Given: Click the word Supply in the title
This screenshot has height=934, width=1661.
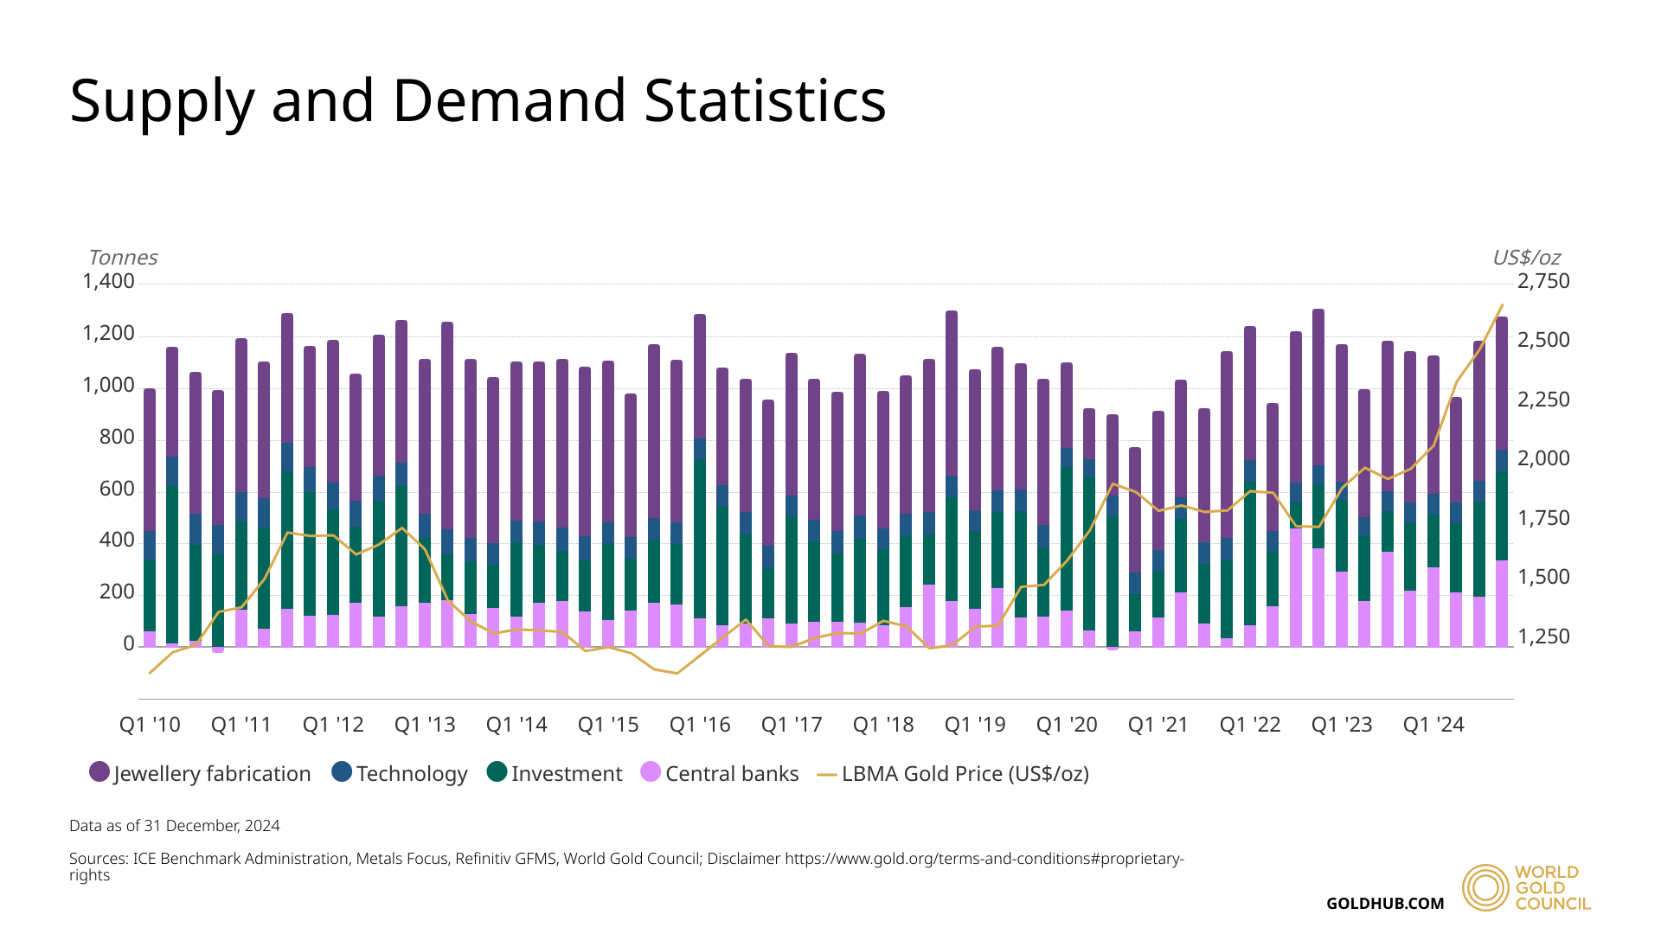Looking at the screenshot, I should [x=162, y=102].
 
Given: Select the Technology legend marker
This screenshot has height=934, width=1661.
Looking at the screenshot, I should [x=342, y=771].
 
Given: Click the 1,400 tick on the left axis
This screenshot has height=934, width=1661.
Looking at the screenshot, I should [x=108, y=281].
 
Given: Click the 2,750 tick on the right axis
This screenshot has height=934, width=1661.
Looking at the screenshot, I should [x=1543, y=281].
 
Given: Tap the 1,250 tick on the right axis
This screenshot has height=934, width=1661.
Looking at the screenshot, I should [x=1543, y=637].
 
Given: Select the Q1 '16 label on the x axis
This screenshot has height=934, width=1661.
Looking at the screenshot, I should [x=700, y=725].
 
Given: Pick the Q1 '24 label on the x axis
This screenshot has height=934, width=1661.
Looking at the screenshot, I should [x=1433, y=725].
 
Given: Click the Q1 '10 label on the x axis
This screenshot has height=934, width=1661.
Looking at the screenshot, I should [x=150, y=725].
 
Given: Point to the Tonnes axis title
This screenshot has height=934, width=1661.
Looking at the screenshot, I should [x=123, y=258].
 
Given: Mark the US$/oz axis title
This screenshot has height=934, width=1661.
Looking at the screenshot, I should [x=1526, y=258].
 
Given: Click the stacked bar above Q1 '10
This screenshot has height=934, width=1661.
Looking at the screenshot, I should [x=150, y=519].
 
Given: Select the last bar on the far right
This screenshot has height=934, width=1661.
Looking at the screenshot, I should [x=1502, y=484].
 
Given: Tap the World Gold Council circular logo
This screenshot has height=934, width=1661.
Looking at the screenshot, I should [x=1485, y=887].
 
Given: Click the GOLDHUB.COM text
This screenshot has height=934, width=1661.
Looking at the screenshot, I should [x=1385, y=904].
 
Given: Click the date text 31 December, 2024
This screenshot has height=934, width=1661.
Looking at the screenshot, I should [x=212, y=826].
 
